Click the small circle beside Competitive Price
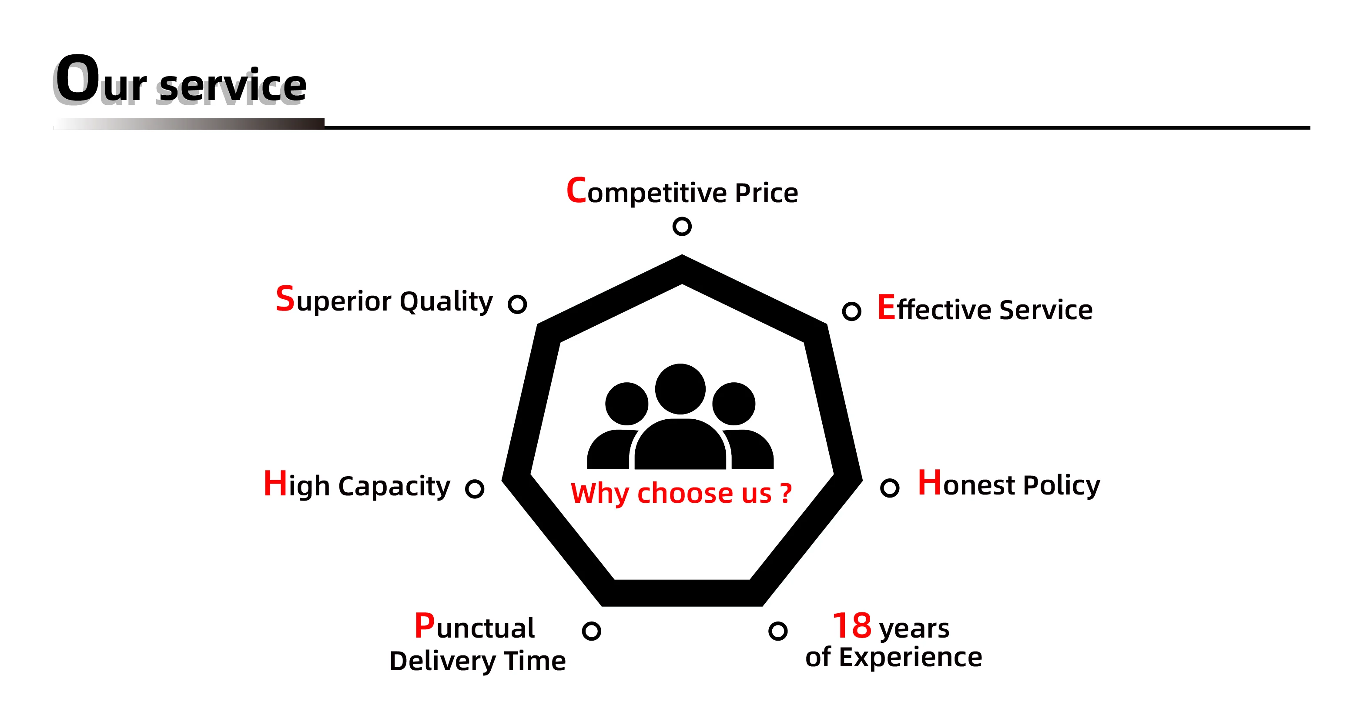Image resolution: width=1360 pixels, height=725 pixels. (x=682, y=226)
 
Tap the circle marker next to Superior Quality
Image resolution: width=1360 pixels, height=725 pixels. (x=517, y=304)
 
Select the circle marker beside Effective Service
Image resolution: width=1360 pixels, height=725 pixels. (x=851, y=311)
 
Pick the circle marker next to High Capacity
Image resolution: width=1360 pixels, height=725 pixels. (x=474, y=488)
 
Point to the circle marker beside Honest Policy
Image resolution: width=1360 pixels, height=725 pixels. (x=889, y=488)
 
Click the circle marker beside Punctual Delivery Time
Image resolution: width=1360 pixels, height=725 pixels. (x=591, y=631)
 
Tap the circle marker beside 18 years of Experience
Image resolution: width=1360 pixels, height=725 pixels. (x=777, y=631)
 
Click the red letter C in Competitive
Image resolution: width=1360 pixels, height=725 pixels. (x=576, y=190)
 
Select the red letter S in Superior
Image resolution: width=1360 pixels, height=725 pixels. (x=285, y=299)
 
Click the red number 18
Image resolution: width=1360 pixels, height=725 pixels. (x=851, y=626)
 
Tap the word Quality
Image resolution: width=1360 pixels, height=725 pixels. (x=446, y=302)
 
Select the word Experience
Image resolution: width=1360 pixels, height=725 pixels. (x=910, y=658)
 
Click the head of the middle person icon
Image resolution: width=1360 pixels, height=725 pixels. (x=680, y=389)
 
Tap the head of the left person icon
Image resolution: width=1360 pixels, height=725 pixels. (x=626, y=404)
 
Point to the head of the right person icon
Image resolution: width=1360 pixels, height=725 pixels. (x=734, y=404)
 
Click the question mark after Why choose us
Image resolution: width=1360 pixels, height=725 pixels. (x=786, y=493)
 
